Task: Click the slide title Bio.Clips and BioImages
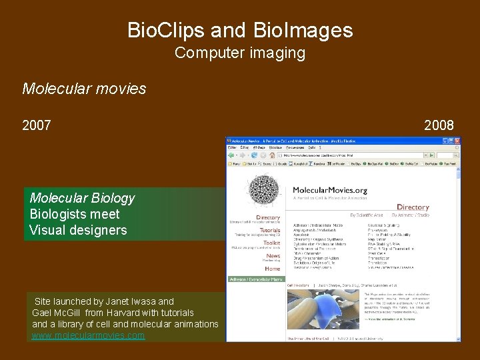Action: pos(240,31)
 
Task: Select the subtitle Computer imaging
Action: pos(240,53)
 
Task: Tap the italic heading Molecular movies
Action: pos(84,89)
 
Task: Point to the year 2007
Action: pos(37,125)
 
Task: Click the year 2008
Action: pos(439,125)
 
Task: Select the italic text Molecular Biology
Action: pos(82,198)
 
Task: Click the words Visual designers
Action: pos(78,230)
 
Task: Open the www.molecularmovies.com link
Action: pos(88,335)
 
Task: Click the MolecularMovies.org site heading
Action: pos(330,191)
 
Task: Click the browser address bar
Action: pos(347,155)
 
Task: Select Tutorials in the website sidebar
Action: pos(269,230)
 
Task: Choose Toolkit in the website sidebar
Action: pos(271,243)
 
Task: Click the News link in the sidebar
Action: pos(273,256)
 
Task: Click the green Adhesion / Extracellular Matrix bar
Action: pos(256,279)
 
